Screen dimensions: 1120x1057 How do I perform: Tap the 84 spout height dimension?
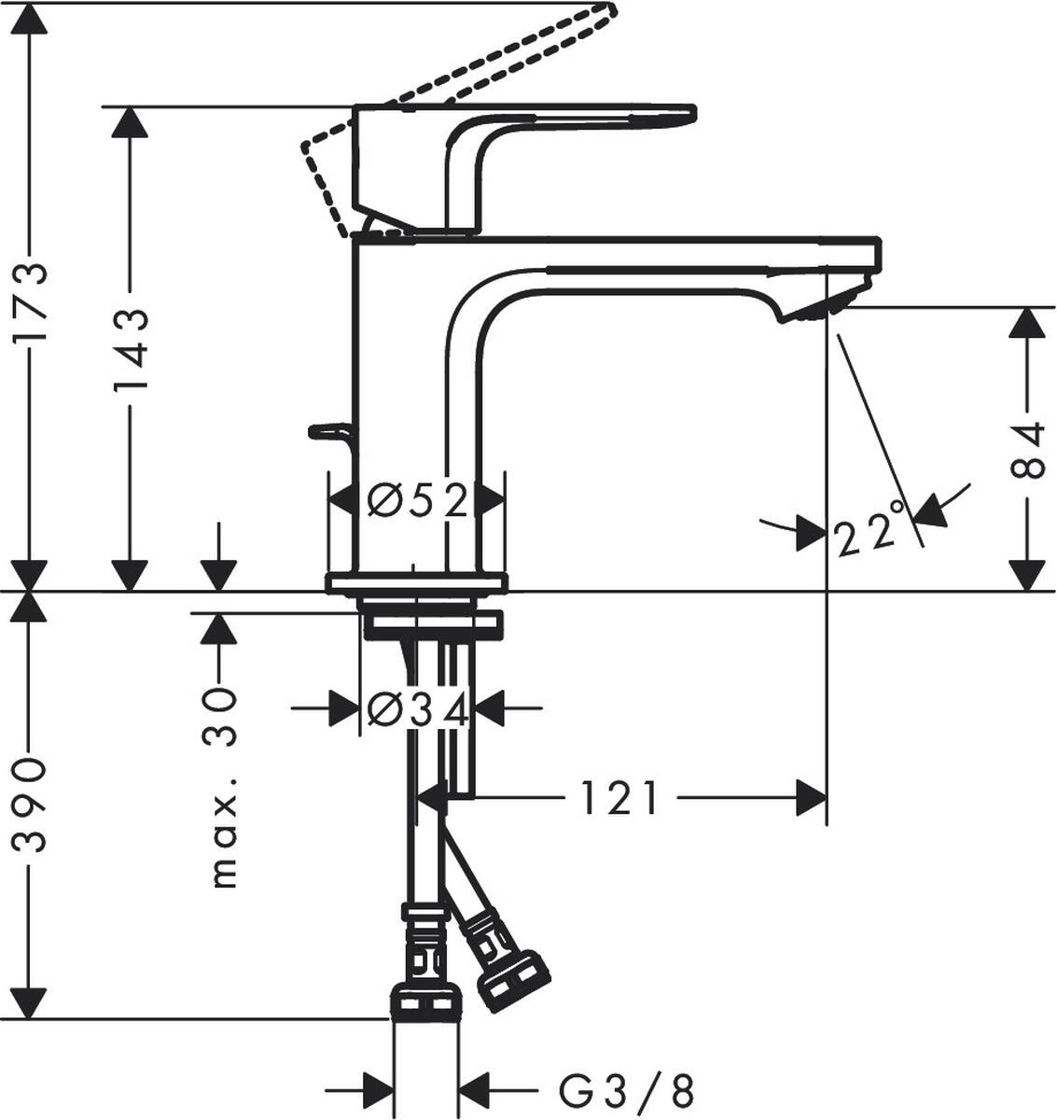pyautogui.click(x=1028, y=450)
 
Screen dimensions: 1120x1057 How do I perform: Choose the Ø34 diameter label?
pyautogui.click(x=416, y=711)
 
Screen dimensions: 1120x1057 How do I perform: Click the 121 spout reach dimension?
pyautogui.click(x=619, y=799)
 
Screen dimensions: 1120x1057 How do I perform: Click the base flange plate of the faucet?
pyautogui.click(x=416, y=583)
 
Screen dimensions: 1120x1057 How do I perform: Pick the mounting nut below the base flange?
pyautogui.click(x=431, y=623)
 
